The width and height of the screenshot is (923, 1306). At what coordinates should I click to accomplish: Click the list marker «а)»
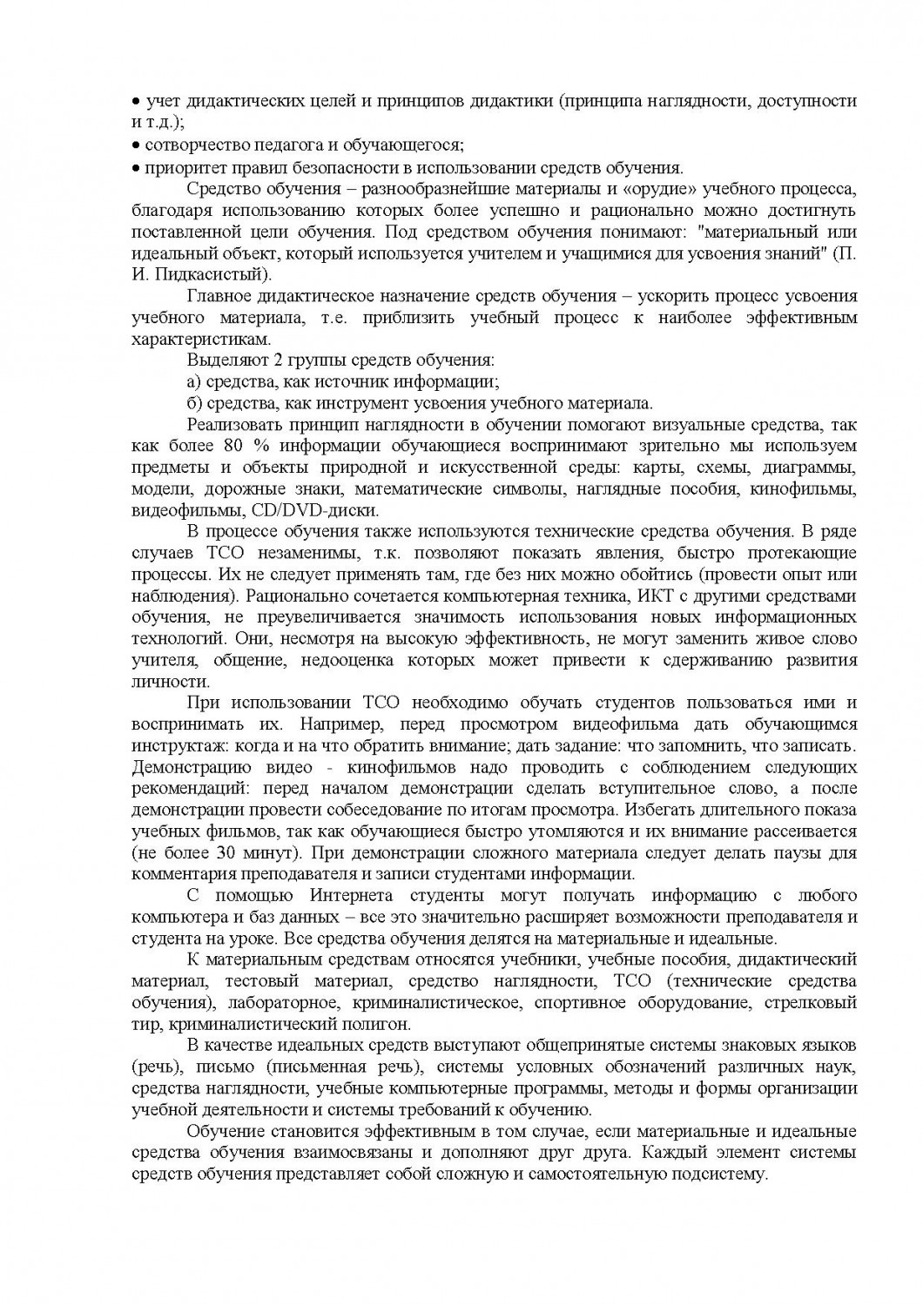(194, 381)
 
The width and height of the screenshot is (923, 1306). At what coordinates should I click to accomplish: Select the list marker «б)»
(194, 402)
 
